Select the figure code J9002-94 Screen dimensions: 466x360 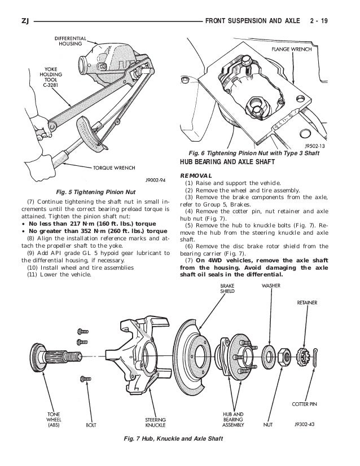(155, 181)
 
